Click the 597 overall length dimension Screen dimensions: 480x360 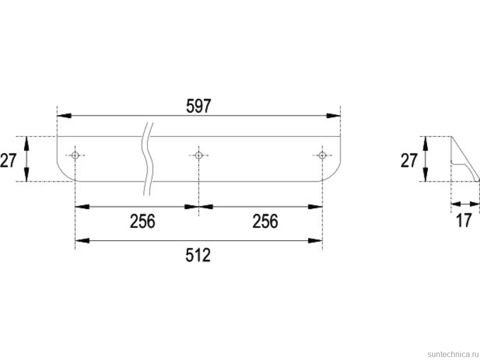click(x=198, y=106)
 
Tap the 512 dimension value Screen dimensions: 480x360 click(x=198, y=255)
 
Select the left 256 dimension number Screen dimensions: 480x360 click(x=143, y=221)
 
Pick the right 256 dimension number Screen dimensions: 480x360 click(x=265, y=221)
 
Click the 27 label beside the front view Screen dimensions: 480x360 click(x=8, y=160)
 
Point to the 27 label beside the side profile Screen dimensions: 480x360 click(x=409, y=160)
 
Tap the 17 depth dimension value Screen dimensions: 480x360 click(x=464, y=220)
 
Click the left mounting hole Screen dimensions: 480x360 click(x=75, y=155)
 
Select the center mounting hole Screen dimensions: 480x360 click(x=198, y=155)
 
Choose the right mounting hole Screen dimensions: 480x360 click(x=322, y=155)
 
